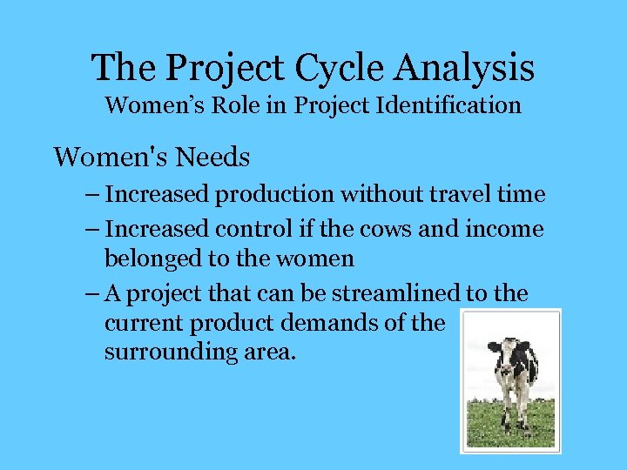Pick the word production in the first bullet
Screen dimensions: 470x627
[276, 194]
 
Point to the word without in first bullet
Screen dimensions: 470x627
[376, 194]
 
